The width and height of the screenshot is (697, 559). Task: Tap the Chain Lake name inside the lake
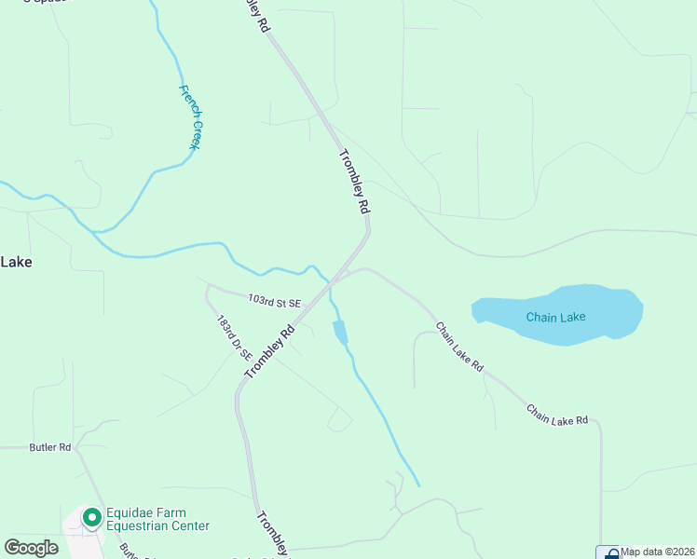[555, 317]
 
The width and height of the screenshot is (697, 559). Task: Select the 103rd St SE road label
[275, 302]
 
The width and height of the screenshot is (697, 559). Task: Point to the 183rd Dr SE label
[234, 337]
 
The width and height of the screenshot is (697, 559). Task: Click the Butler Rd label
[50, 447]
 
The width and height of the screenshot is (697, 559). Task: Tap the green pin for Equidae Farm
[91, 516]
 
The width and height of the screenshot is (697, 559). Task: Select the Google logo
[31, 547]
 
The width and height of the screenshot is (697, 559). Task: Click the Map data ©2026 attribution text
[658, 552]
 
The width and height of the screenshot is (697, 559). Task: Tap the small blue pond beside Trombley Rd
[340, 332]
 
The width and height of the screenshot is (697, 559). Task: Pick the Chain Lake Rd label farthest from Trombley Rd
[556, 415]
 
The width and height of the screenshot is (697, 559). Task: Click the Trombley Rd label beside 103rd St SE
[269, 350]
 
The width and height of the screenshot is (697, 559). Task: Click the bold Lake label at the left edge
[16, 262]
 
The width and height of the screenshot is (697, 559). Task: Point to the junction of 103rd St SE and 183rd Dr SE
[209, 286]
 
